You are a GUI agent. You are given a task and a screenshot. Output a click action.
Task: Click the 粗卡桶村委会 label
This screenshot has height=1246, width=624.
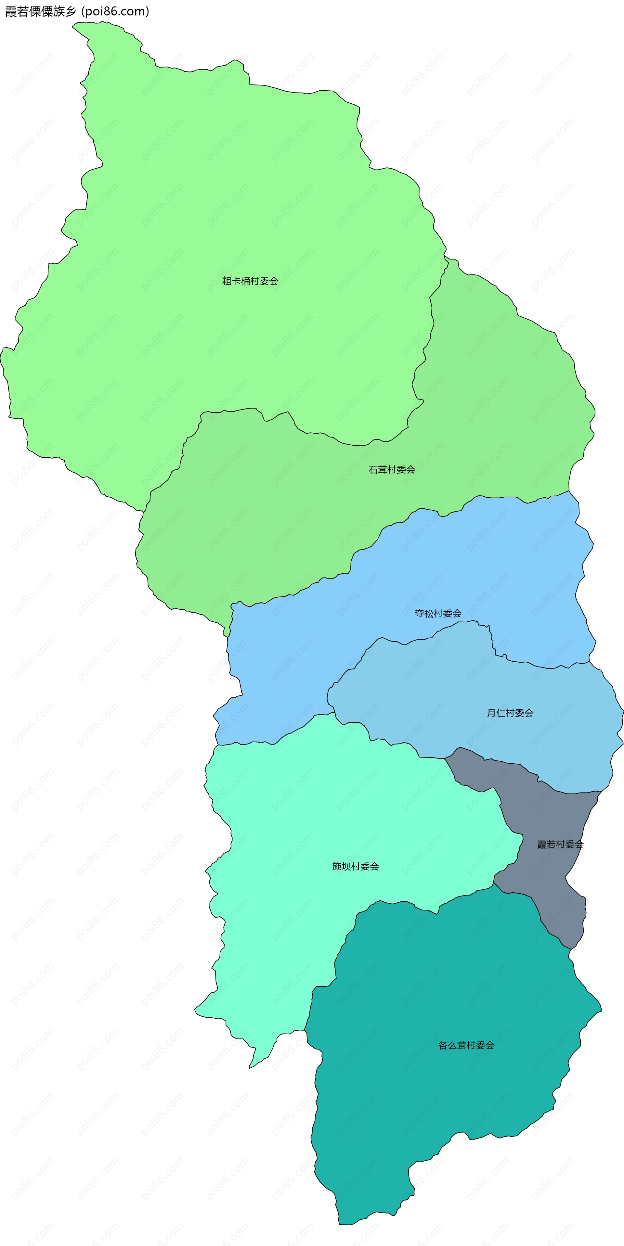tap(250, 281)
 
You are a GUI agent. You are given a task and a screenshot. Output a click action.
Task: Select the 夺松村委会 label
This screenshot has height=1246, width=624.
tap(438, 613)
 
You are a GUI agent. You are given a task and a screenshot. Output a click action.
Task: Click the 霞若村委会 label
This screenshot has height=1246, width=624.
tap(560, 845)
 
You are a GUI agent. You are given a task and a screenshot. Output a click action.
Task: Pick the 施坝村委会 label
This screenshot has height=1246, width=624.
tap(355, 866)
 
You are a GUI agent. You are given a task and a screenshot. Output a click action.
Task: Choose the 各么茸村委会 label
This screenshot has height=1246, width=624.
tap(466, 1045)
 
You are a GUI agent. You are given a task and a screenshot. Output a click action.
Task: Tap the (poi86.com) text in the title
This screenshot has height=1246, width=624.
tap(115, 12)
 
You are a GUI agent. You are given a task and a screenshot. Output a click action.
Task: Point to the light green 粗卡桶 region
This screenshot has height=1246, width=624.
tap(218, 194)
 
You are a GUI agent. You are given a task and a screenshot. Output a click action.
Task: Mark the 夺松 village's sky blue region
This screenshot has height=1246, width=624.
tap(484, 556)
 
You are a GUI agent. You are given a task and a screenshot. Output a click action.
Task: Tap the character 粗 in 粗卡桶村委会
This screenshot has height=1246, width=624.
tap(227, 281)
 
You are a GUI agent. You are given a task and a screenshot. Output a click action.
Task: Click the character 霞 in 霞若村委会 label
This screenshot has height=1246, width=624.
tap(542, 845)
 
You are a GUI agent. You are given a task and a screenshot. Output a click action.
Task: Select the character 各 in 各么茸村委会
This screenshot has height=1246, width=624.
tap(443, 1045)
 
